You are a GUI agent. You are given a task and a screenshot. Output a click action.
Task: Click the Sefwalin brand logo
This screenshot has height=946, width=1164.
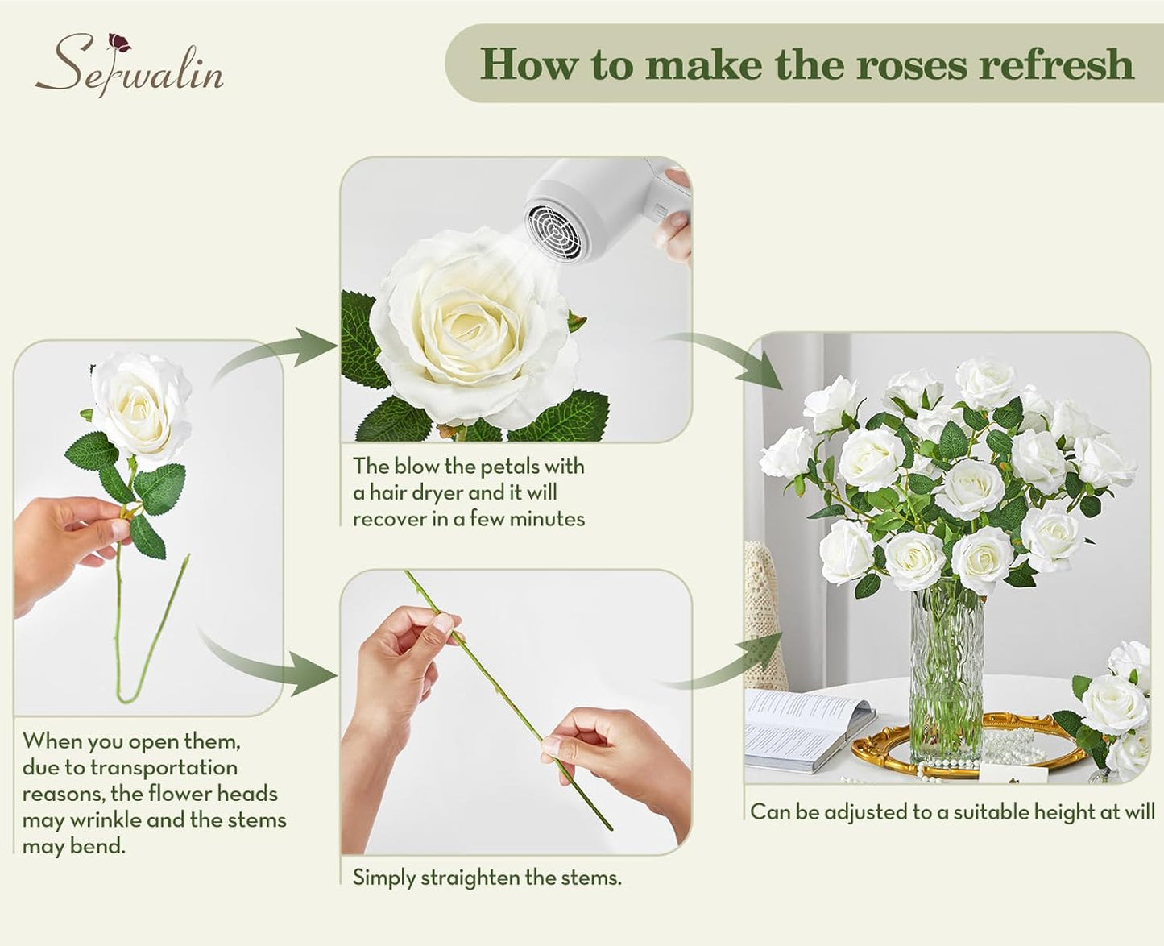129,64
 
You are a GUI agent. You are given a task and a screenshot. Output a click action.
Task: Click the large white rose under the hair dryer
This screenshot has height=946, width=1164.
471,330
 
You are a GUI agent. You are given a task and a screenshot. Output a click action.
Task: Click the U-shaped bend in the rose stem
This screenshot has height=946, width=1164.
129,689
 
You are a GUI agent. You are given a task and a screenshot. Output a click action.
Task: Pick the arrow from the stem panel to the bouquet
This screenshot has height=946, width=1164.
733,661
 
